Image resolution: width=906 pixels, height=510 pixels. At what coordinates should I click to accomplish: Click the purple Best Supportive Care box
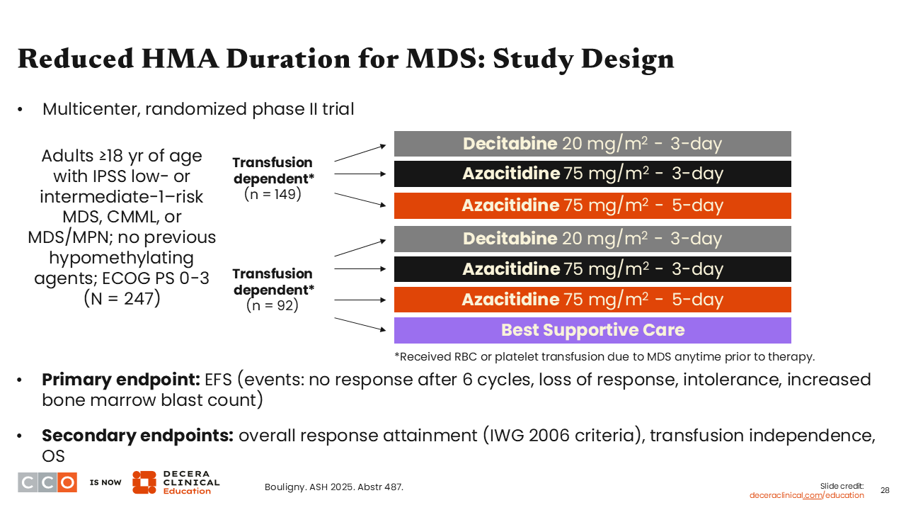[592, 330]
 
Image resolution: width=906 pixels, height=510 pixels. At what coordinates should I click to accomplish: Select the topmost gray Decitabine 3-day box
[592, 144]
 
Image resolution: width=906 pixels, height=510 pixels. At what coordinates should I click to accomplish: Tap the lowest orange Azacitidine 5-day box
[592, 300]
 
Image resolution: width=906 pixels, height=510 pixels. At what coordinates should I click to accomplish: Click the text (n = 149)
[273, 193]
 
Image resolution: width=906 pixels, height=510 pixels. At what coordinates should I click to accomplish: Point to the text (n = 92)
[273, 305]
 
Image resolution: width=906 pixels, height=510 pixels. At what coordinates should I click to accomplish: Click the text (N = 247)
[122, 298]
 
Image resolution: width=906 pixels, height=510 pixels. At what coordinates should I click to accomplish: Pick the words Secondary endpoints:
[137, 436]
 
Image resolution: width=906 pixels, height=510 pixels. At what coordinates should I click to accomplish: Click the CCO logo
[47, 482]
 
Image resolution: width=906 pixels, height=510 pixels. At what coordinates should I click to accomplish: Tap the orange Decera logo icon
[144, 482]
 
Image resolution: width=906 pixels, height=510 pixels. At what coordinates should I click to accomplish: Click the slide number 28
[885, 490]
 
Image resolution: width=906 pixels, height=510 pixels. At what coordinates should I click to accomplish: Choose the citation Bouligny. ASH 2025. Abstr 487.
[334, 487]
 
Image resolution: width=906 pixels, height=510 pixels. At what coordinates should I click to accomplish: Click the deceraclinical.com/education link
[807, 495]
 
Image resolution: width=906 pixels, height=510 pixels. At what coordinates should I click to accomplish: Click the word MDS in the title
[435, 59]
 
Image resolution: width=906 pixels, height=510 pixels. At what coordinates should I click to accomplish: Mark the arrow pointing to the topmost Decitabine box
[360, 152]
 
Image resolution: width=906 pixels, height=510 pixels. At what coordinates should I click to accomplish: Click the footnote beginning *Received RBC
[604, 356]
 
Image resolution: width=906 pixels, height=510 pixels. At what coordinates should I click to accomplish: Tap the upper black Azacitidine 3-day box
[592, 174]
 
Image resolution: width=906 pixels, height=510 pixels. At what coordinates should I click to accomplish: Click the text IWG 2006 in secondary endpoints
[538, 436]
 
